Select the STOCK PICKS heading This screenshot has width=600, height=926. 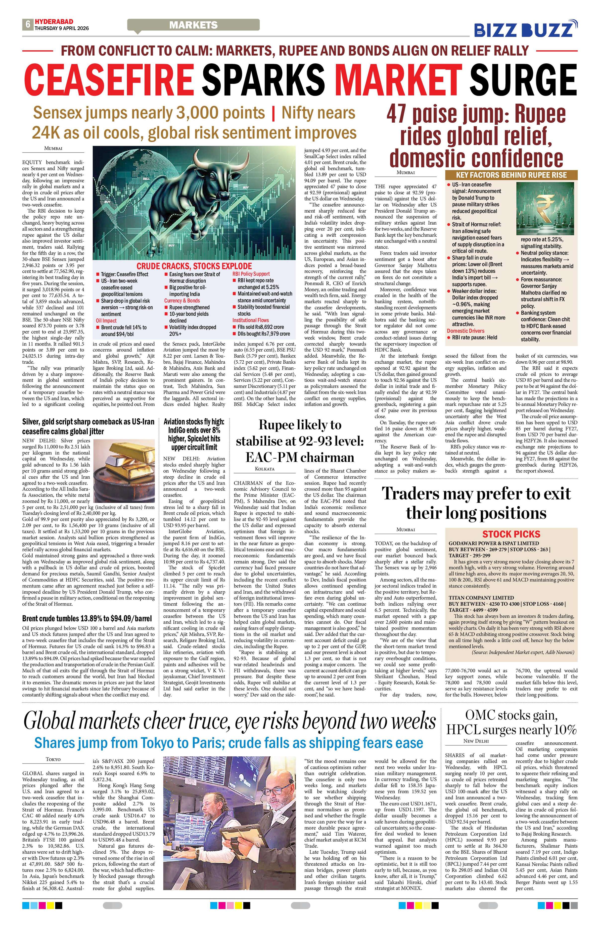(x=511, y=534)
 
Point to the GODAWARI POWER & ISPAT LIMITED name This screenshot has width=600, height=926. (x=494, y=543)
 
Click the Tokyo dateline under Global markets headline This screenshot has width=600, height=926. (x=53, y=759)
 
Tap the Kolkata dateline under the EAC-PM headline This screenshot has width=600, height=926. (x=264, y=469)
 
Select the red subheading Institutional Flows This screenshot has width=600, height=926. (x=250, y=320)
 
